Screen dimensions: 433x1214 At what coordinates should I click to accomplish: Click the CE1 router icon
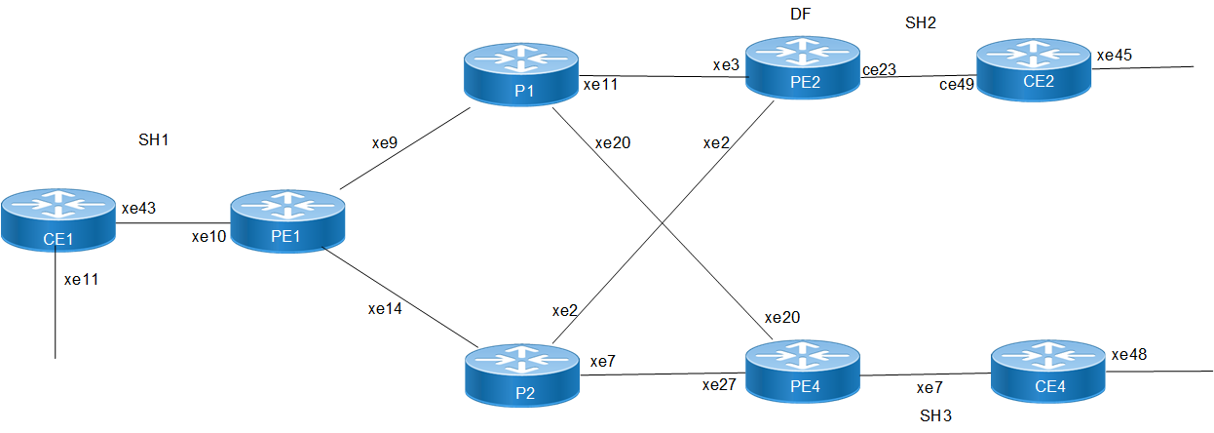click(x=57, y=221)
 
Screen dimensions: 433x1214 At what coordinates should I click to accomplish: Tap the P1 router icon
click(x=521, y=74)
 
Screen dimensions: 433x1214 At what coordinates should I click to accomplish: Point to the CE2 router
click(x=1033, y=69)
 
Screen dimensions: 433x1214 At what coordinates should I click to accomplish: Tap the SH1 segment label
click(x=154, y=140)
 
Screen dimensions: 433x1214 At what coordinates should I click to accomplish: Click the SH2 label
click(x=920, y=23)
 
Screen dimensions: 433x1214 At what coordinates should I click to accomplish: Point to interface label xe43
click(x=137, y=208)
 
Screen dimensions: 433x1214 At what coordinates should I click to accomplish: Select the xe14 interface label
click(x=384, y=309)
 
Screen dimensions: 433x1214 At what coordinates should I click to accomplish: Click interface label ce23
click(x=879, y=69)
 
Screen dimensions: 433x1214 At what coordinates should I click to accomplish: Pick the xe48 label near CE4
click(x=1130, y=354)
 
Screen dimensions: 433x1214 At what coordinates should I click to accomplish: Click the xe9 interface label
click(x=384, y=142)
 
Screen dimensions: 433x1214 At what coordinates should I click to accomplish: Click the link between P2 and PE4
click(x=663, y=374)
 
